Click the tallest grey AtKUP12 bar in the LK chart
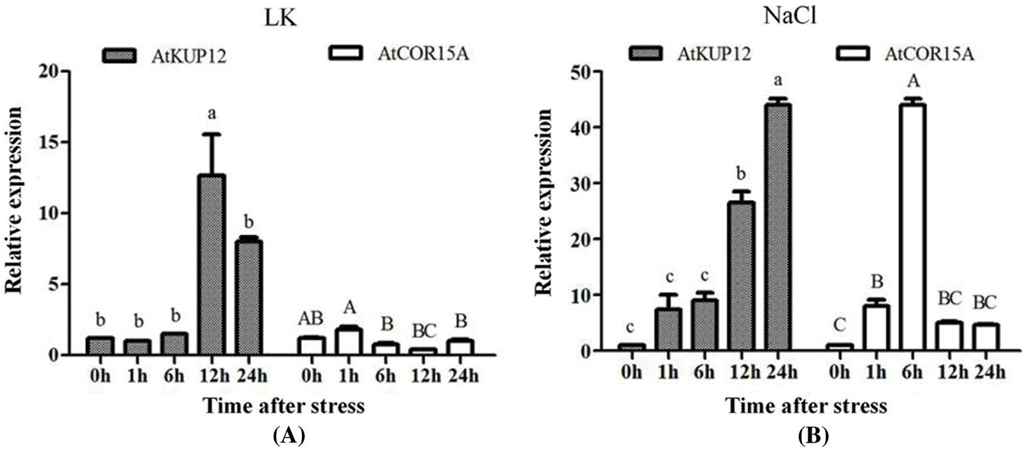(x=211, y=264)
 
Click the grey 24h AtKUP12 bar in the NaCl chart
(x=776, y=227)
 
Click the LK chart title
(x=279, y=19)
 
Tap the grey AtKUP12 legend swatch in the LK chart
(x=120, y=56)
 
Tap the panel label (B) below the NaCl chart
(x=813, y=436)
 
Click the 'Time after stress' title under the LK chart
(x=284, y=405)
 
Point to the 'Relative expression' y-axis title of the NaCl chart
(x=543, y=202)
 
